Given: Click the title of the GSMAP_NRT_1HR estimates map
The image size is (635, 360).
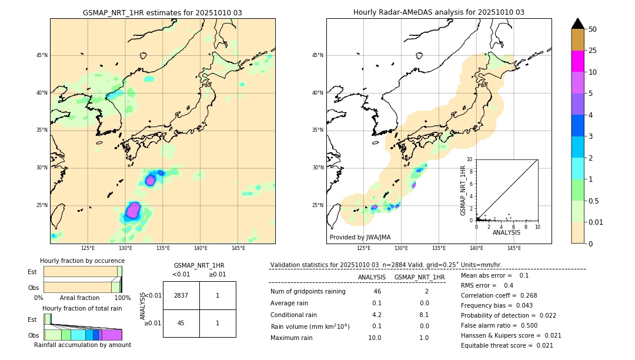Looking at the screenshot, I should point(162,12).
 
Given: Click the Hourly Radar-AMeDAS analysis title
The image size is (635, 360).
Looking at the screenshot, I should point(439,12).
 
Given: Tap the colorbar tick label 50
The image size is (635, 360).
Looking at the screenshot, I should point(593,29).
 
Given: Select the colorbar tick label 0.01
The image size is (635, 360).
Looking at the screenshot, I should point(596,222).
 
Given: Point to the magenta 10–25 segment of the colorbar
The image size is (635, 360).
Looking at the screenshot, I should point(578,61).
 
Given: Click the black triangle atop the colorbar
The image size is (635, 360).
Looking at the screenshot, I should point(578,24).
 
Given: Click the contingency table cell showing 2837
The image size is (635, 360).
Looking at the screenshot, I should point(181,295).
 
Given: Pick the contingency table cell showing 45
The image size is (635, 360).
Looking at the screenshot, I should point(181,323).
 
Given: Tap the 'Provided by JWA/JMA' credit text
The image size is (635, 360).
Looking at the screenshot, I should point(360,238).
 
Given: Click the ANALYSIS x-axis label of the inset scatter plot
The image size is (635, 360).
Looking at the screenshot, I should point(506,233).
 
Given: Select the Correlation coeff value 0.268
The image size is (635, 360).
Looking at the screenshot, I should point(532,295).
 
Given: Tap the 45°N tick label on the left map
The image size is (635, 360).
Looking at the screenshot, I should point(42,55).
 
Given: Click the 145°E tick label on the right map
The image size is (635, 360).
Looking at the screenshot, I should point(514,248).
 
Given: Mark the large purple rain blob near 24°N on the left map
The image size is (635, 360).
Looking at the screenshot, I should point(133,210).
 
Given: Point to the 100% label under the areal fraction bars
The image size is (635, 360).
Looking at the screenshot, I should point(122,298).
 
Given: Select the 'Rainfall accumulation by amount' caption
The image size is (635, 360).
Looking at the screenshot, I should point(82,345).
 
